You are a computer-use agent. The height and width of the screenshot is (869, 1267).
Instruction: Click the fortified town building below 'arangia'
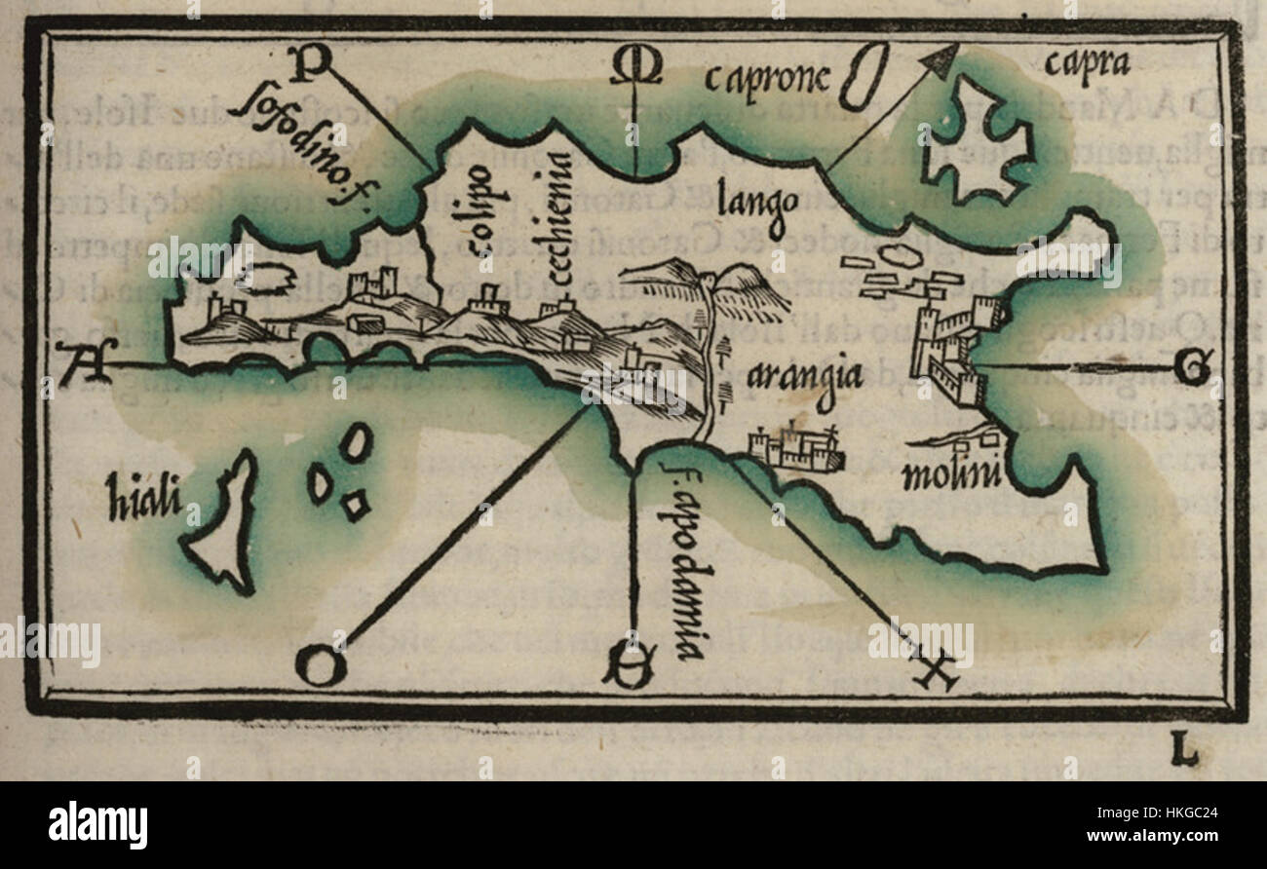795,448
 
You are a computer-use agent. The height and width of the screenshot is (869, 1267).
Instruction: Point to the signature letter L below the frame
1183,751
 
